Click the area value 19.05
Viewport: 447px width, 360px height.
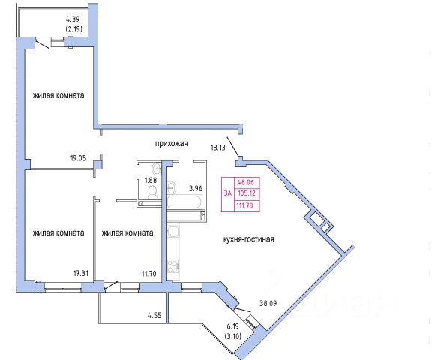coord(78,158)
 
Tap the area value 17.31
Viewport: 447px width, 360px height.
coord(81,274)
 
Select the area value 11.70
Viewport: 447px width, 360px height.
coord(149,274)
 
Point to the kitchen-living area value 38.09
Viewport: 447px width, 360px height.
coord(268,303)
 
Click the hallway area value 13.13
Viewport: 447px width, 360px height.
coord(217,148)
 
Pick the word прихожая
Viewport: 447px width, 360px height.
coord(171,144)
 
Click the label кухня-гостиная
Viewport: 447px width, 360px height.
coord(248,238)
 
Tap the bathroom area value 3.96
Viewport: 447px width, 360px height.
coord(196,188)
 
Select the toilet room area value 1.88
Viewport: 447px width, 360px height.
coord(151,181)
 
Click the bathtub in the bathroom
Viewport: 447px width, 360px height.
coord(184,202)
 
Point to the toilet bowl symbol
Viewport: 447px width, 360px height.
coord(153,192)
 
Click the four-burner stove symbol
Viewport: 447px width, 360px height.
coord(173,266)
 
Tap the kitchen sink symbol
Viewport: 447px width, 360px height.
coord(173,231)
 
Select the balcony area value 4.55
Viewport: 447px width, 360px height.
coord(154,316)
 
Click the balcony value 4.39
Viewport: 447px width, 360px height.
coord(73,19)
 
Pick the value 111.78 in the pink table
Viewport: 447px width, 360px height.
coord(245,205)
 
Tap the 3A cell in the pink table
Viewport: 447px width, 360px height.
coord(228,193)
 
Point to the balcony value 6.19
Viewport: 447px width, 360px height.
coord(232,325)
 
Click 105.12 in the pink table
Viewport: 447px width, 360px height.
coord(247,193)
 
